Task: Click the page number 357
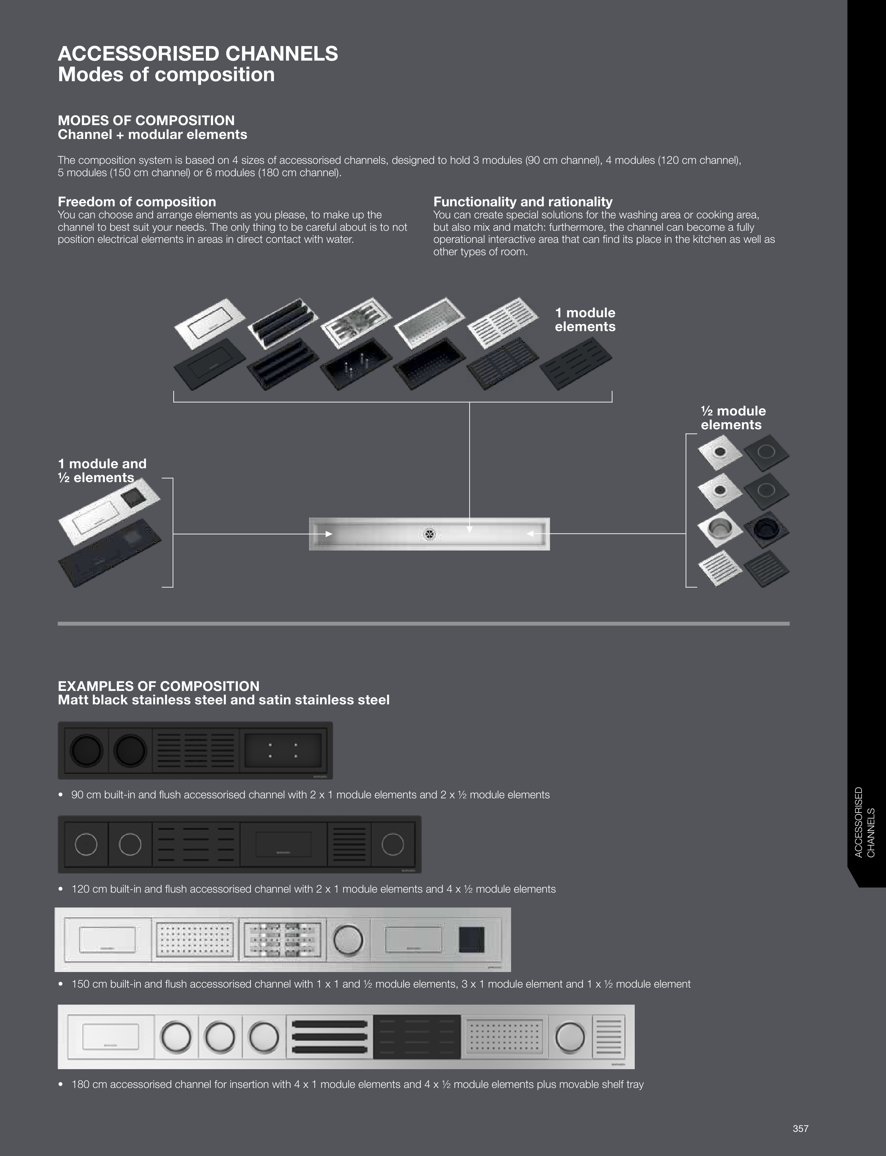pyautogui.click(x=800, y=1129)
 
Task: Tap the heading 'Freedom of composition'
pyautogui.click(x=136, y=202)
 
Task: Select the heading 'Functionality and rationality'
pyautogui.click(x=523, y=202)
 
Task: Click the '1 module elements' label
pyautogui.click(x=585, y=320)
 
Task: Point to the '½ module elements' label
pyautogui.click(x=733, y=418)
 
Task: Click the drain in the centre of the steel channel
pyautogui.click(x=430, y=534)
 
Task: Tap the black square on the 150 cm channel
pyautogui.click(x=471, y=940)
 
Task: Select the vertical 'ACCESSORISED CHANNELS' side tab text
pyautogui.click(x=864, y=822)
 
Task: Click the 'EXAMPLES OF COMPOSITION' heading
pyautogui.click(x=158, y=686)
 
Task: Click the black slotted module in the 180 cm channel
pyautogui.click(x=417, y=1037)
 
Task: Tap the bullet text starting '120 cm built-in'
pyautogui.click(x=313, y=889)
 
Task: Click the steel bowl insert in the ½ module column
pyautogui.click(x=720, y=530)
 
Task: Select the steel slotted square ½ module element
pyautogui.click(x=720, y=569)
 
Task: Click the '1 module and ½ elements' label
pyautogui.click(x=102, y=470)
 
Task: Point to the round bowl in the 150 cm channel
pyautogui.click(x=348, y=940)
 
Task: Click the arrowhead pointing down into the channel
pyautogui.click(x=469, y=529)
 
